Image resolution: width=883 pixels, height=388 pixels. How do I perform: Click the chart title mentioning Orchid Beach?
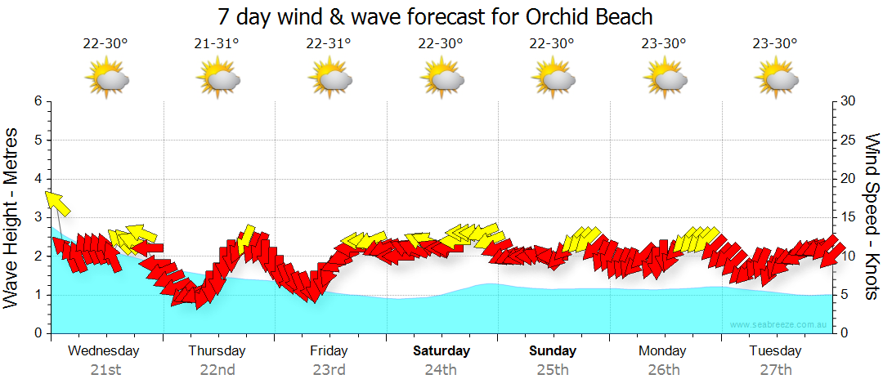(435, 16)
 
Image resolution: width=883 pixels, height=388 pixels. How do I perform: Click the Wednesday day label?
(104, 351)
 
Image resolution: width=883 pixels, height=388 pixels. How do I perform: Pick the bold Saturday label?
(441, 351)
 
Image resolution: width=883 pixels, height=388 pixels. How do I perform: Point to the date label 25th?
(553, 370)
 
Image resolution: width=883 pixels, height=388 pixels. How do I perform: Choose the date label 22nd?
(217, 370)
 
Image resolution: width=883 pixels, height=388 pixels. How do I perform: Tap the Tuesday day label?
(775, 351)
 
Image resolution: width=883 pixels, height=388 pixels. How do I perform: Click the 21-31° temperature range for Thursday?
(217, 44)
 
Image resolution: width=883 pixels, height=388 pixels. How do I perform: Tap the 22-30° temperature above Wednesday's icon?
(105, 44)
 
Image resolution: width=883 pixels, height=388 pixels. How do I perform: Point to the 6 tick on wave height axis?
(38, 101)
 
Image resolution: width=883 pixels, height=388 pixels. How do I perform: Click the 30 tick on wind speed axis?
(849, 101)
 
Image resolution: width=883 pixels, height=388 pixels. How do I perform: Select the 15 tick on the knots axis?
(849, 217)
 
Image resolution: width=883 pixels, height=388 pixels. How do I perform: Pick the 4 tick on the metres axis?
(38, 179)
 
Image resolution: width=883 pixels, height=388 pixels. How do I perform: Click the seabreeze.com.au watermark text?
(780, 325)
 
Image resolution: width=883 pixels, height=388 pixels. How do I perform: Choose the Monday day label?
(663, 351)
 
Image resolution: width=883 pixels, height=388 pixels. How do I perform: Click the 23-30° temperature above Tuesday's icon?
(775, 44)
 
